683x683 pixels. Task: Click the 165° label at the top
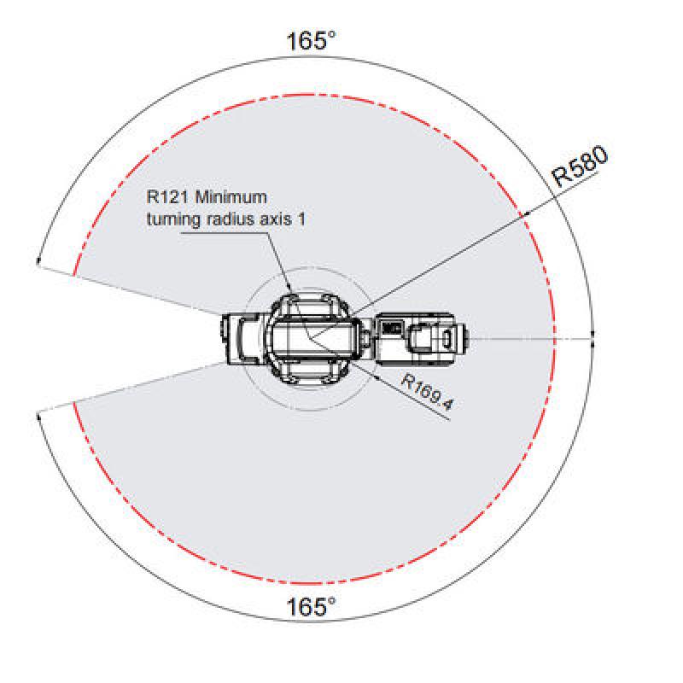pos(311,41)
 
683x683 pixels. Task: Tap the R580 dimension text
pos(580,166)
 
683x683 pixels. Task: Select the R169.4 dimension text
pos(427,392)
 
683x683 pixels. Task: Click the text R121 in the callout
pos(167,197)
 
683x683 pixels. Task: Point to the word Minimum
pos(231,197)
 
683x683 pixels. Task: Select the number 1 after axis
pos(301,219)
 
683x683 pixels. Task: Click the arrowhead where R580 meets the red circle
pos(526,214)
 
